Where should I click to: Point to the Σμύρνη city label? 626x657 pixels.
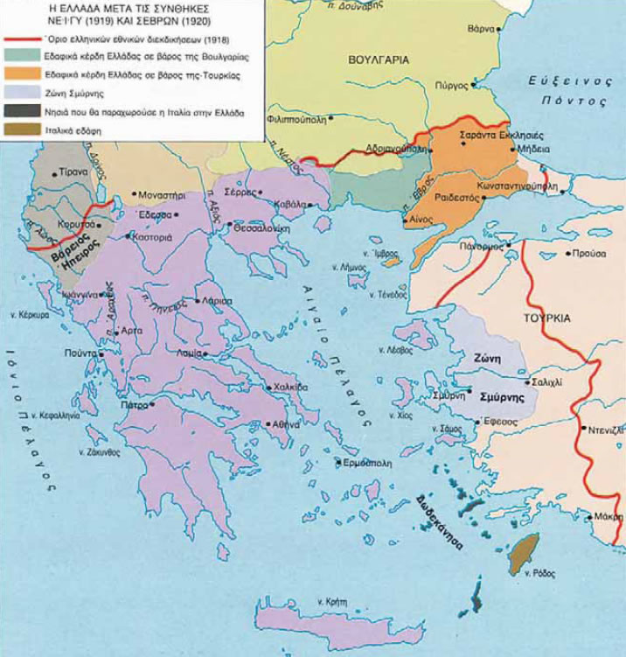coord(447,395)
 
